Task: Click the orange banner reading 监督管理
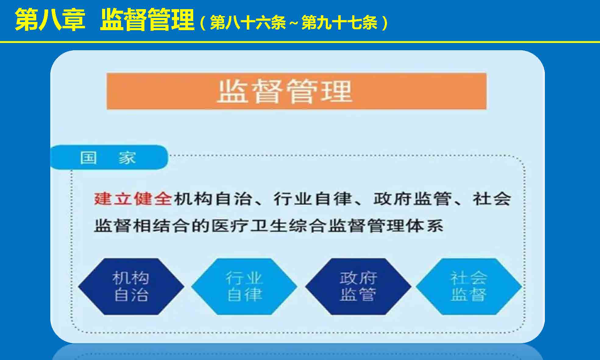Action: click(296, 91)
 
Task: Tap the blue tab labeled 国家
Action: click(109, 157)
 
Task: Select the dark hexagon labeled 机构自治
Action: click(131, 286)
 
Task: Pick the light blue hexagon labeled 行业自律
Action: click(244, 286)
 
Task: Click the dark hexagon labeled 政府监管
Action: click(358, 286)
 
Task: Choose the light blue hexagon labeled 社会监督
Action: click(469, 286)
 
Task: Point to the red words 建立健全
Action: click(133, 199)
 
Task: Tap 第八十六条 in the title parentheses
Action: click(248, 23)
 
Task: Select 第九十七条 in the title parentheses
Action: click(339, 23)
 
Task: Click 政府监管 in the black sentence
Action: click(412, 199)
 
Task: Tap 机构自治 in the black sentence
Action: click(212, 199)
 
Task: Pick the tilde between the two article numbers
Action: click(294, 23)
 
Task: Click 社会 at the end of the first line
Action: click(492, 199)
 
